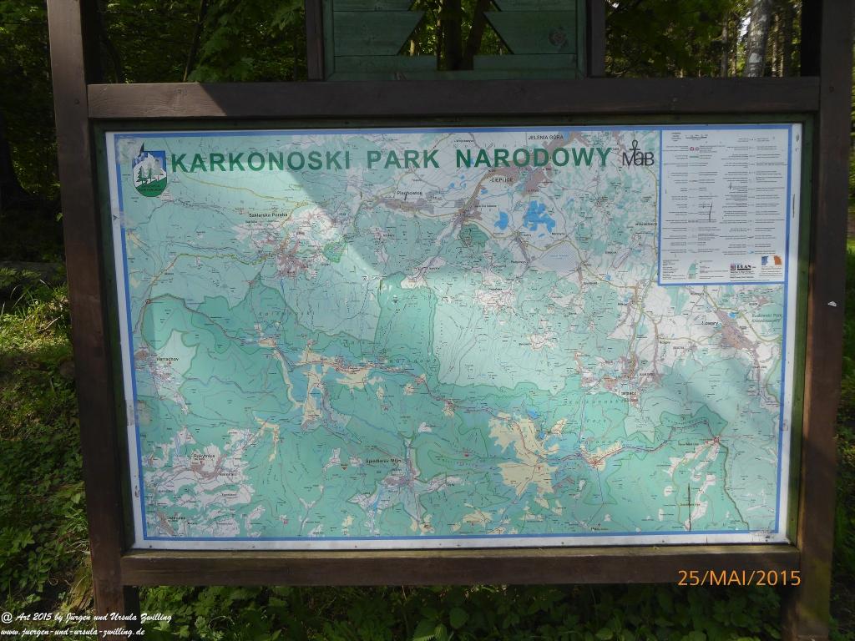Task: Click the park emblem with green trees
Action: point(149,171)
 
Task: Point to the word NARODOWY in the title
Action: point(533,157)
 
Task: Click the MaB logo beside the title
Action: point(638,157)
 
